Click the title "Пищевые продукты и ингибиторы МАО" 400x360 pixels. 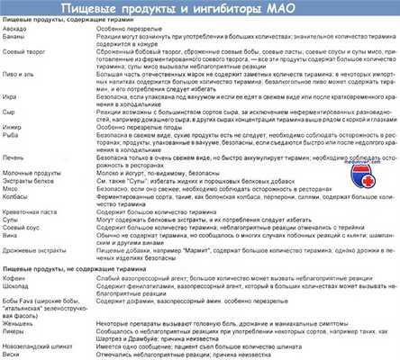199,8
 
